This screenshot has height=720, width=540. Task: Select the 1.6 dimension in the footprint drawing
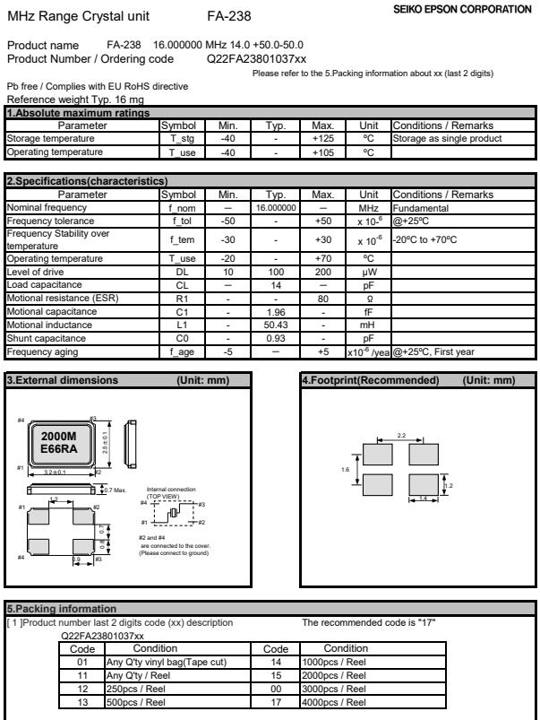[x=347, y=469]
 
